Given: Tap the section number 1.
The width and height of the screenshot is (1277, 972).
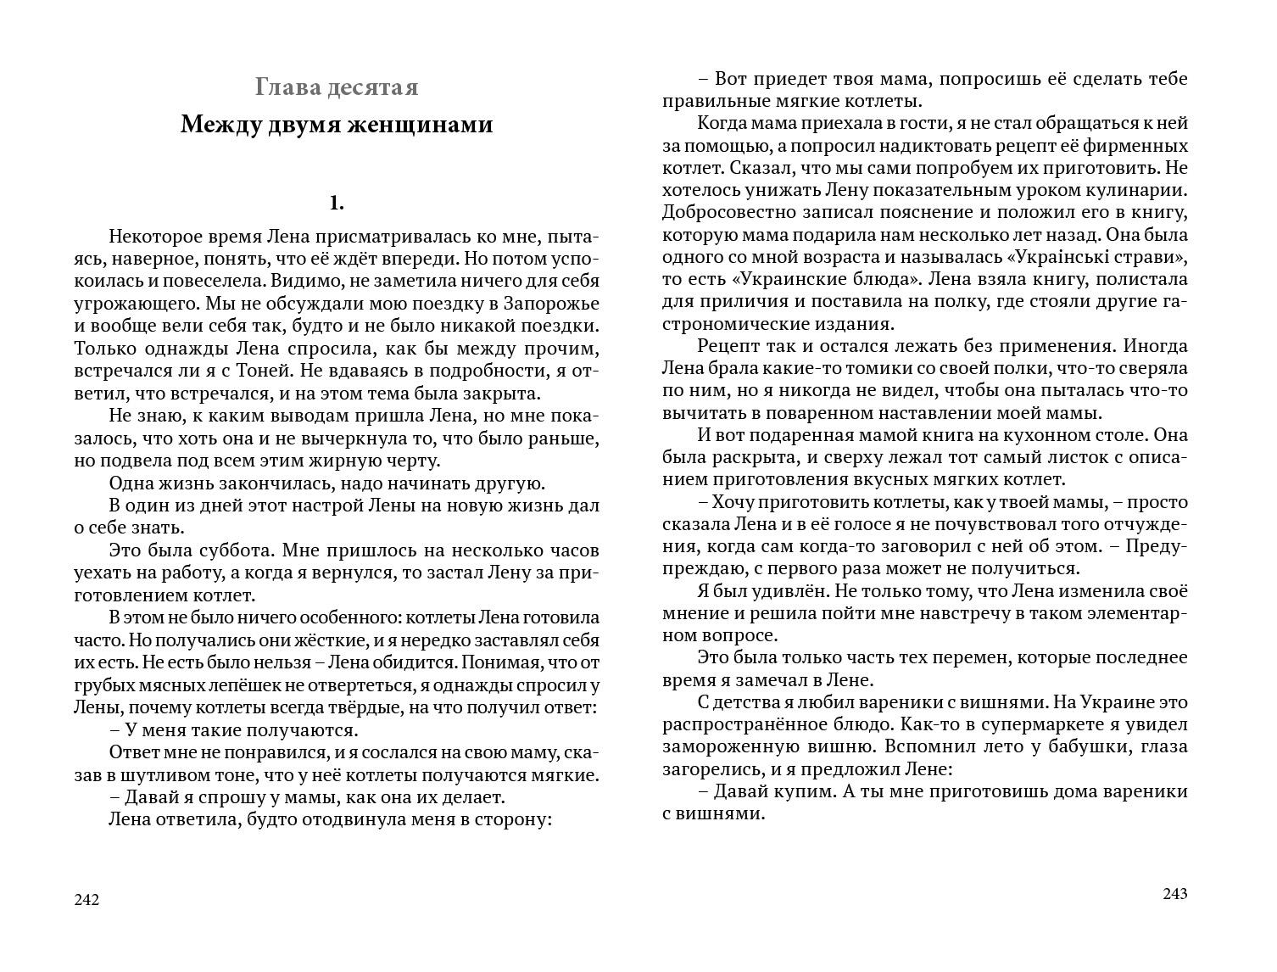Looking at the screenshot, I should [337, 203].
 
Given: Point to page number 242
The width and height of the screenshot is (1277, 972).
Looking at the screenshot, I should [87, 900].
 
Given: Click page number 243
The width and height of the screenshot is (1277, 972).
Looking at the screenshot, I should [1175, 894].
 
